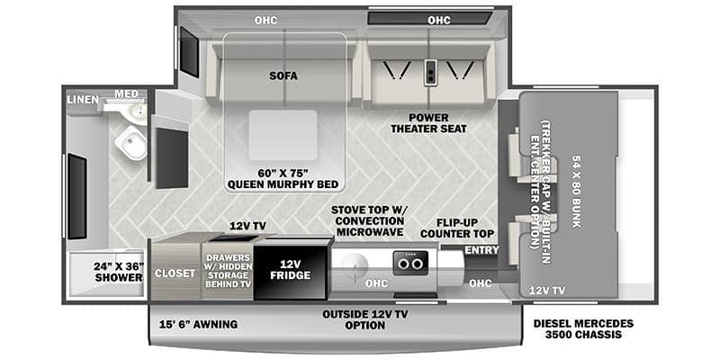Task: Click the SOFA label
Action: tap(283, 76)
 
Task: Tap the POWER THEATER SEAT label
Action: tap(427, 123)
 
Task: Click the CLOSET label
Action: tap(175, 274)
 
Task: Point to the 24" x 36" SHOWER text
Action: tap(119, 272)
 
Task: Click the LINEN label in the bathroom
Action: tap(82, 99)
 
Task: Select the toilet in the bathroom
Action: tap(133, 142)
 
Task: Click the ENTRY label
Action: tap(481, 249)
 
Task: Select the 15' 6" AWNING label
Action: tap(198, 324)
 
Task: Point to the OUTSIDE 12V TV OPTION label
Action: tap(364, 319)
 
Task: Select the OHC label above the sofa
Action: tap(265, 19)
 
